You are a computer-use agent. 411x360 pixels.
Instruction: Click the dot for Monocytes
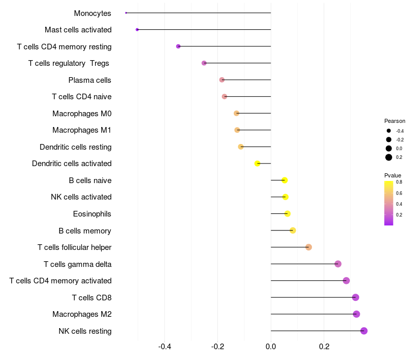pyautogui.click(x=126, y=13)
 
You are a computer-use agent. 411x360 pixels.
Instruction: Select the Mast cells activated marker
pyautogui.click(x=137, y=30)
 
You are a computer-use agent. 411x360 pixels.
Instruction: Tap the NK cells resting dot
pyautogui.click(x=364, y=331)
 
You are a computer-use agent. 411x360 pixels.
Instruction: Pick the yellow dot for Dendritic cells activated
pyautogui.click(x=258, y=164)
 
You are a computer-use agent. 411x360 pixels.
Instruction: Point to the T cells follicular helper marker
pyautogui.click(x=309, y=247)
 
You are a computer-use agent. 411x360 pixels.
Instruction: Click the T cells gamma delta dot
pyautogui.click(x=338, y=264)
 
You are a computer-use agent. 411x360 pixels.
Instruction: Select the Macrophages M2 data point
pyautogui.click(x=357, y=314)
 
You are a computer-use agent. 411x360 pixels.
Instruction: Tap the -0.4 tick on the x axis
pyautogui.click(x=164, y=347)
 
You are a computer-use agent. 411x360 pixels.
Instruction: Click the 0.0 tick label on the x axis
pyautogui.click(x=271, y=347)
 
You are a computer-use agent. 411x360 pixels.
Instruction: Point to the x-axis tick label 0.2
pyautogui.click(x=324, y=347)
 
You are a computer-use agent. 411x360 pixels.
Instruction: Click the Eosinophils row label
pyautogui.click(x=92, y=214)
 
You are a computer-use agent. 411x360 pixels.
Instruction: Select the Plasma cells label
pyautogui.click(x=90, y=80)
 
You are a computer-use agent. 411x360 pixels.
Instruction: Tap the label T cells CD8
pyautogui.click(x=91, y=298)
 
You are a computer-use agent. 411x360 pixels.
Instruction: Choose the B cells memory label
pyautogui.click(x=85, y=231)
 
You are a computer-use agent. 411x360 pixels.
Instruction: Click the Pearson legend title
pyautogui.click(x=395, y=121)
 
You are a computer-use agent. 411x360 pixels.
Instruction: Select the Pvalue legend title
pyautogui.click(x=393, y=175)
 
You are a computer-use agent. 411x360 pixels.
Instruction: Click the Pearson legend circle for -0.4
pyautogui.click(x=389, y=131)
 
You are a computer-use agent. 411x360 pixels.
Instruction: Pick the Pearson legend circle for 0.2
pyautogui.click(x=389, y=157)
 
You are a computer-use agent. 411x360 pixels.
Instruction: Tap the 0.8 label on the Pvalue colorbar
pyautogui.click(x=399, y=182)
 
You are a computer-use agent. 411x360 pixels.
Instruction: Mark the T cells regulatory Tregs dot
pyautogui.click(x=204, y=63)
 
